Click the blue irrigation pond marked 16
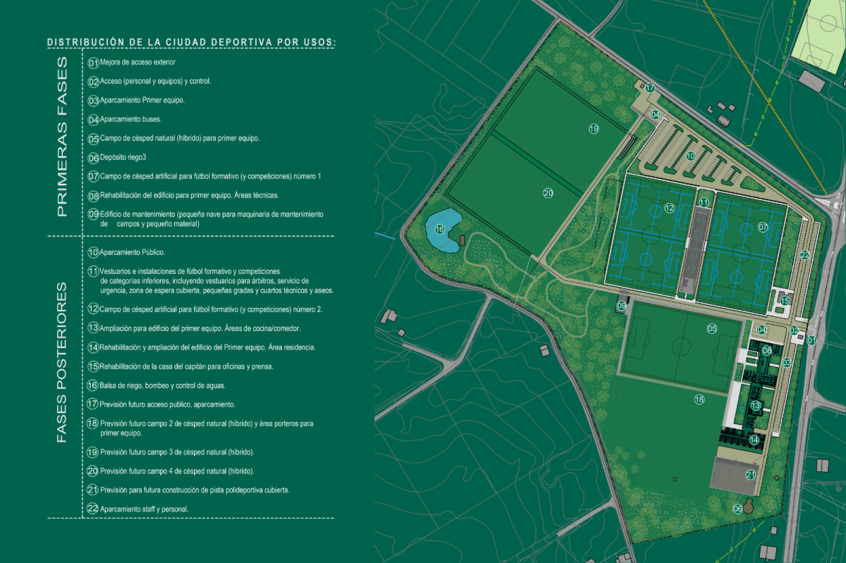point(442,230)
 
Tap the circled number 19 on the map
point(593,128)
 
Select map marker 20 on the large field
point(548,192)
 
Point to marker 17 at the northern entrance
point(650,88)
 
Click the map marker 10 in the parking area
point(691,155)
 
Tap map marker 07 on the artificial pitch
point(763,227)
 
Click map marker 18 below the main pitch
point(699,399)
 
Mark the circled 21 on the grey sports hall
point(750,475)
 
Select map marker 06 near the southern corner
point(738,508)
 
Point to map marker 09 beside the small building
point(622,306)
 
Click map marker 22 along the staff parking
point(804,255)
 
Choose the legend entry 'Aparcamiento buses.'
point(131,119)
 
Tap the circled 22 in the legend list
point(92,508)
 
